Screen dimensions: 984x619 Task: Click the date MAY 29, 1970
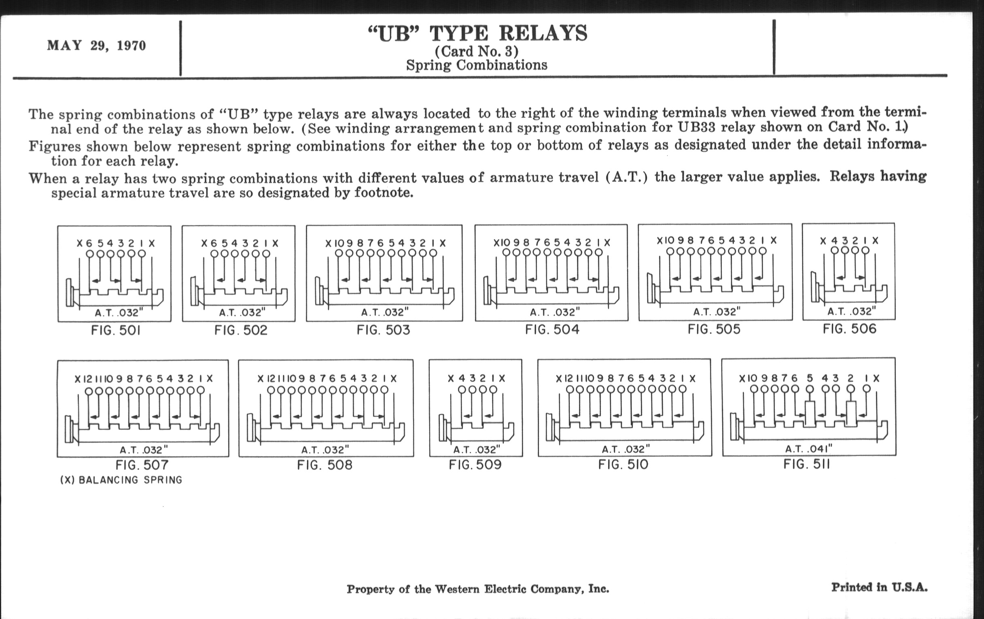(x=96, y=45)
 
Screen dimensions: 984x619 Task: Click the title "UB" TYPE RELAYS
(x=478, y=34)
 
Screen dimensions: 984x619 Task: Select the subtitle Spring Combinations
(x=477, y=65)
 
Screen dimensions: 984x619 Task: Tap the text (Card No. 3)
(x=477, y=51)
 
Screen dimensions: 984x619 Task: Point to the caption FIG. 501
(x=116, y=330)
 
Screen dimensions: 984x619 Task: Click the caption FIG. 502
(x=241, y=330)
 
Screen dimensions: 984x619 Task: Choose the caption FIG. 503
(x=383, y=330)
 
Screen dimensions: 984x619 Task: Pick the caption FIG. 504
(x=552, y=329)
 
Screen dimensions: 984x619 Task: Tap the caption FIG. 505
(x=714, y=329)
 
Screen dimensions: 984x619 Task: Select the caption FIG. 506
(x=850, y=329)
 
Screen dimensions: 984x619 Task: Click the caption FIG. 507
(x=142, y=465)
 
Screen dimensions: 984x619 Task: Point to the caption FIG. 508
(x=324, y=465)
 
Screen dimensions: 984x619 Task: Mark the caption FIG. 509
(x=475, y=464)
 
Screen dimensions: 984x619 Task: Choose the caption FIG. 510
(x=623, y=464)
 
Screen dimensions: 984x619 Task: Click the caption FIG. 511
(x=807, y=464)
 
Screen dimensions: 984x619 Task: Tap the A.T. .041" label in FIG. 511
(x=809, y=449)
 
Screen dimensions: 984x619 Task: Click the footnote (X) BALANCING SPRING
(x=121, y=480)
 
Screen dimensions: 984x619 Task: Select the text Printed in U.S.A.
(x=879, y=587)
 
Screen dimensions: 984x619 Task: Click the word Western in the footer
(x=457, y=589)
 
